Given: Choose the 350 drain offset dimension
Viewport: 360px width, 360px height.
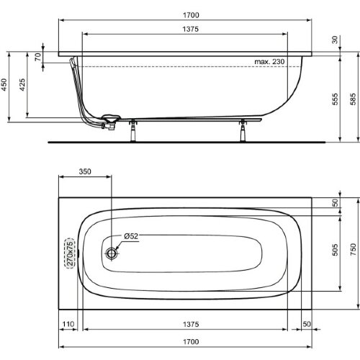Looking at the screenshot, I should [85, 172].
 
